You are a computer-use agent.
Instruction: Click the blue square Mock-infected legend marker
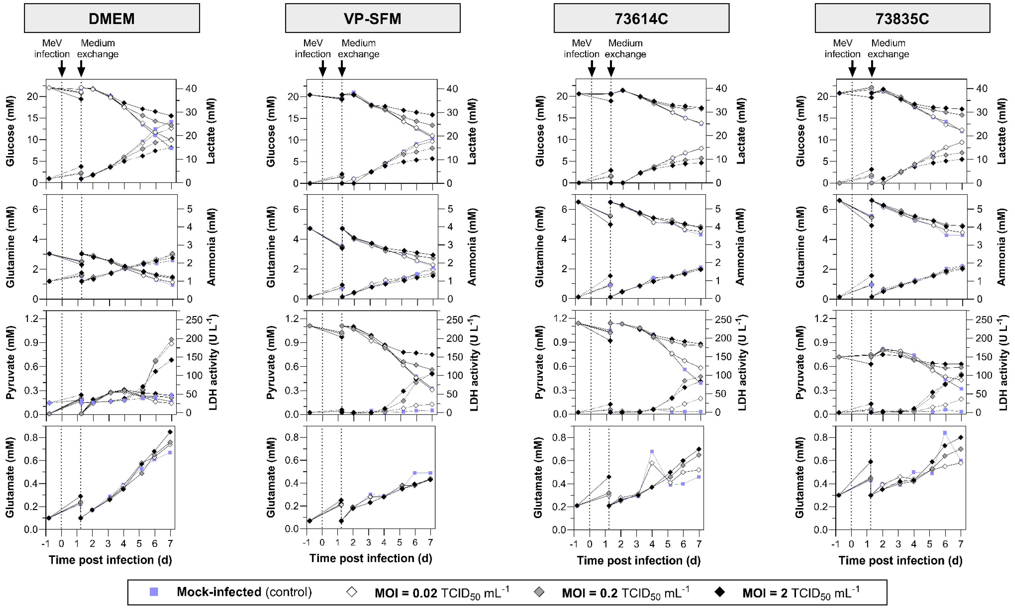pos(154,592)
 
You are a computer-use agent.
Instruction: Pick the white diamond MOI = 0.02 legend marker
pos(352,592)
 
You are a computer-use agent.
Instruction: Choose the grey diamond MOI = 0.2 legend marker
pos(539,592)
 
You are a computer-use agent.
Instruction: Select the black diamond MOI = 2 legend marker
pos(720,592)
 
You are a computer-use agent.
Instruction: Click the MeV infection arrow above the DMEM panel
pos(62,68)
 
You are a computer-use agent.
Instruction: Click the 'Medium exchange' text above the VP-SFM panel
pos(358,49)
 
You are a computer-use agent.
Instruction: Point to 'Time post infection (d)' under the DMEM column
pos(110,560)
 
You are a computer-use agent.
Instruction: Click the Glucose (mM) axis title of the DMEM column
pos(10,131)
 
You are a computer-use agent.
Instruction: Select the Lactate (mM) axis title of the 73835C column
pos(1002,131)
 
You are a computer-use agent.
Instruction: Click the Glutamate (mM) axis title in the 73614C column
pos(538,478)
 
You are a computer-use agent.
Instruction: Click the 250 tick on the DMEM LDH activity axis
pos(194,320)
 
